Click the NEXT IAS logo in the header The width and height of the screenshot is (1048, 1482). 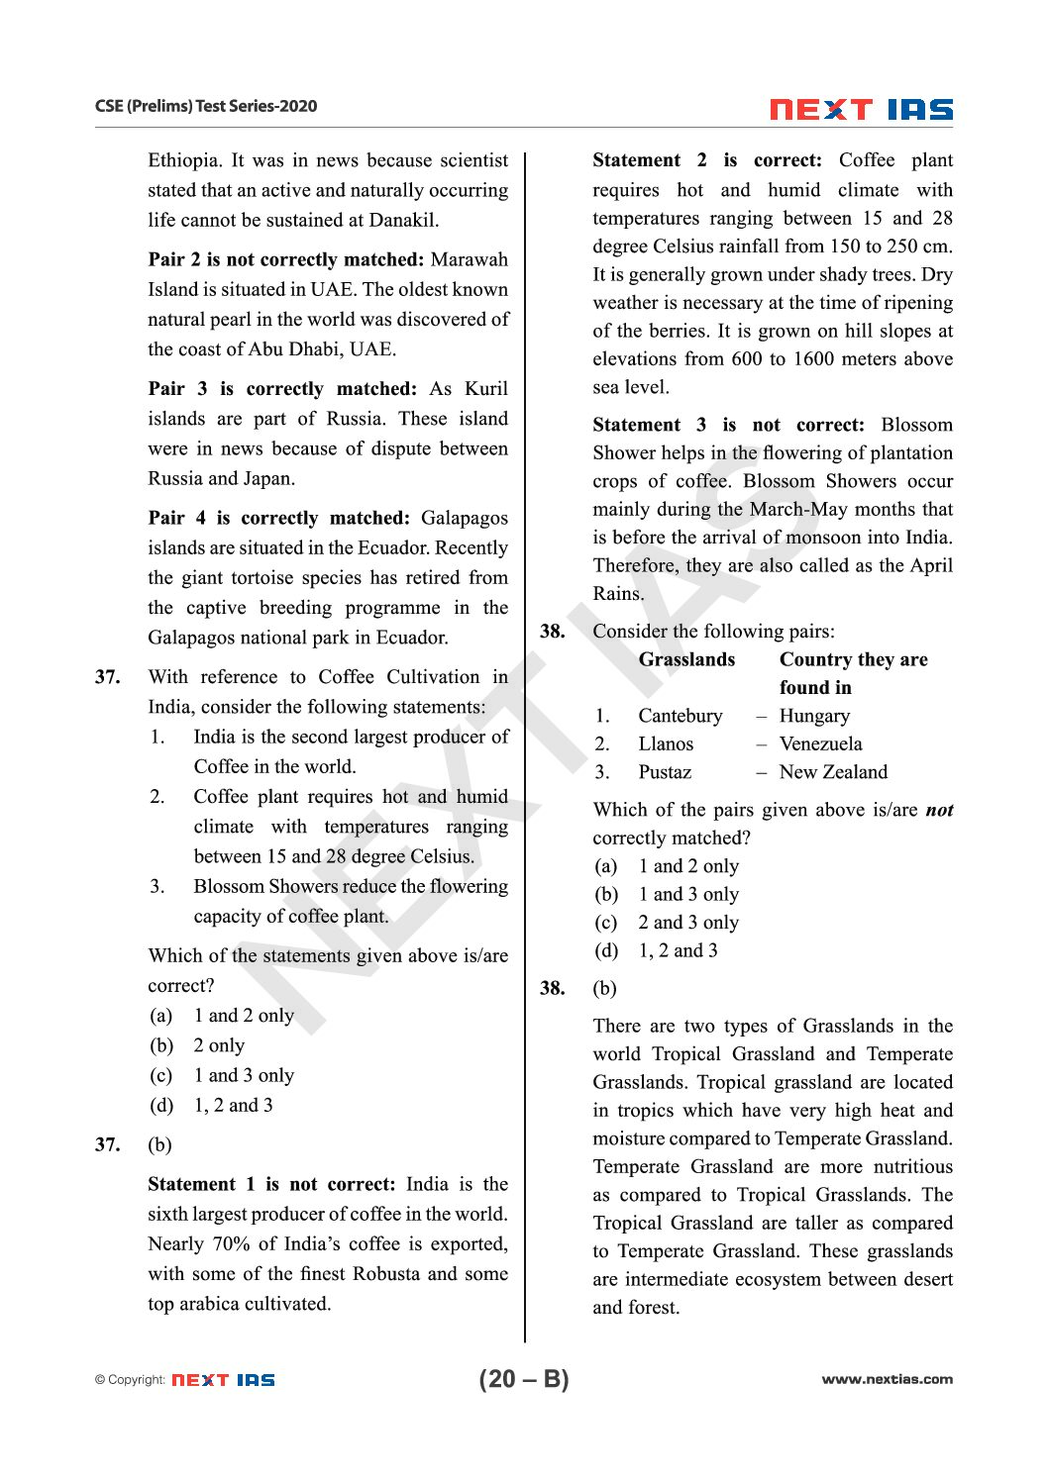click(861, 109)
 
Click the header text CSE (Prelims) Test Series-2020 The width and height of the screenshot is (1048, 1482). click(206, 106)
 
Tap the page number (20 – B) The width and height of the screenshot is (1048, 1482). click(524, 1379)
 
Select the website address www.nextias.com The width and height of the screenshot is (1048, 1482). click(887, 1379)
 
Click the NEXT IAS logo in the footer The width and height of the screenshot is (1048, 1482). click(223, 1380)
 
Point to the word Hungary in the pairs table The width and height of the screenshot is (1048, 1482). click(814, 716)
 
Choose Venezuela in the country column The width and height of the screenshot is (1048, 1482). click(820, 743)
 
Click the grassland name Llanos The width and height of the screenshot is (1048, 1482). click(666, 743)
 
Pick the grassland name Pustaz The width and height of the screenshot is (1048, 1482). click(665, 772)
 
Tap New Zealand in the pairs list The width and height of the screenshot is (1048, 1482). click(833, 772)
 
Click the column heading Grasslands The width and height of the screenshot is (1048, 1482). click(686, 659)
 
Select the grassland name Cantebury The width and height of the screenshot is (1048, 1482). click(681, 716)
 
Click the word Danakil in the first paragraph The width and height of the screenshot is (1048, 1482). click(403, 220)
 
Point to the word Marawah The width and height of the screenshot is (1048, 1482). click(470, 259)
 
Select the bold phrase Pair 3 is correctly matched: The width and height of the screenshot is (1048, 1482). click(283, 389)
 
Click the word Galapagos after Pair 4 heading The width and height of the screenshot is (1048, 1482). click(464, 518)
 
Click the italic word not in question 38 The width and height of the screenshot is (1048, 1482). click(939, 810)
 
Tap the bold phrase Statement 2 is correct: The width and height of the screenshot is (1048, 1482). click(707, 160)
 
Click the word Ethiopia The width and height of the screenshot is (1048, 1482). click(183, 160)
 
